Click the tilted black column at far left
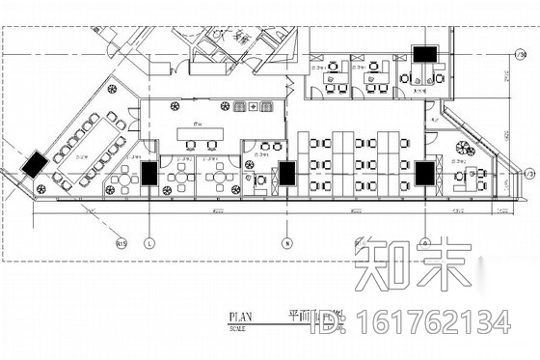(x=35, y=162)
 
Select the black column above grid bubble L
(x=149, y=175)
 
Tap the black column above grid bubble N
(x=286, y=174)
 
